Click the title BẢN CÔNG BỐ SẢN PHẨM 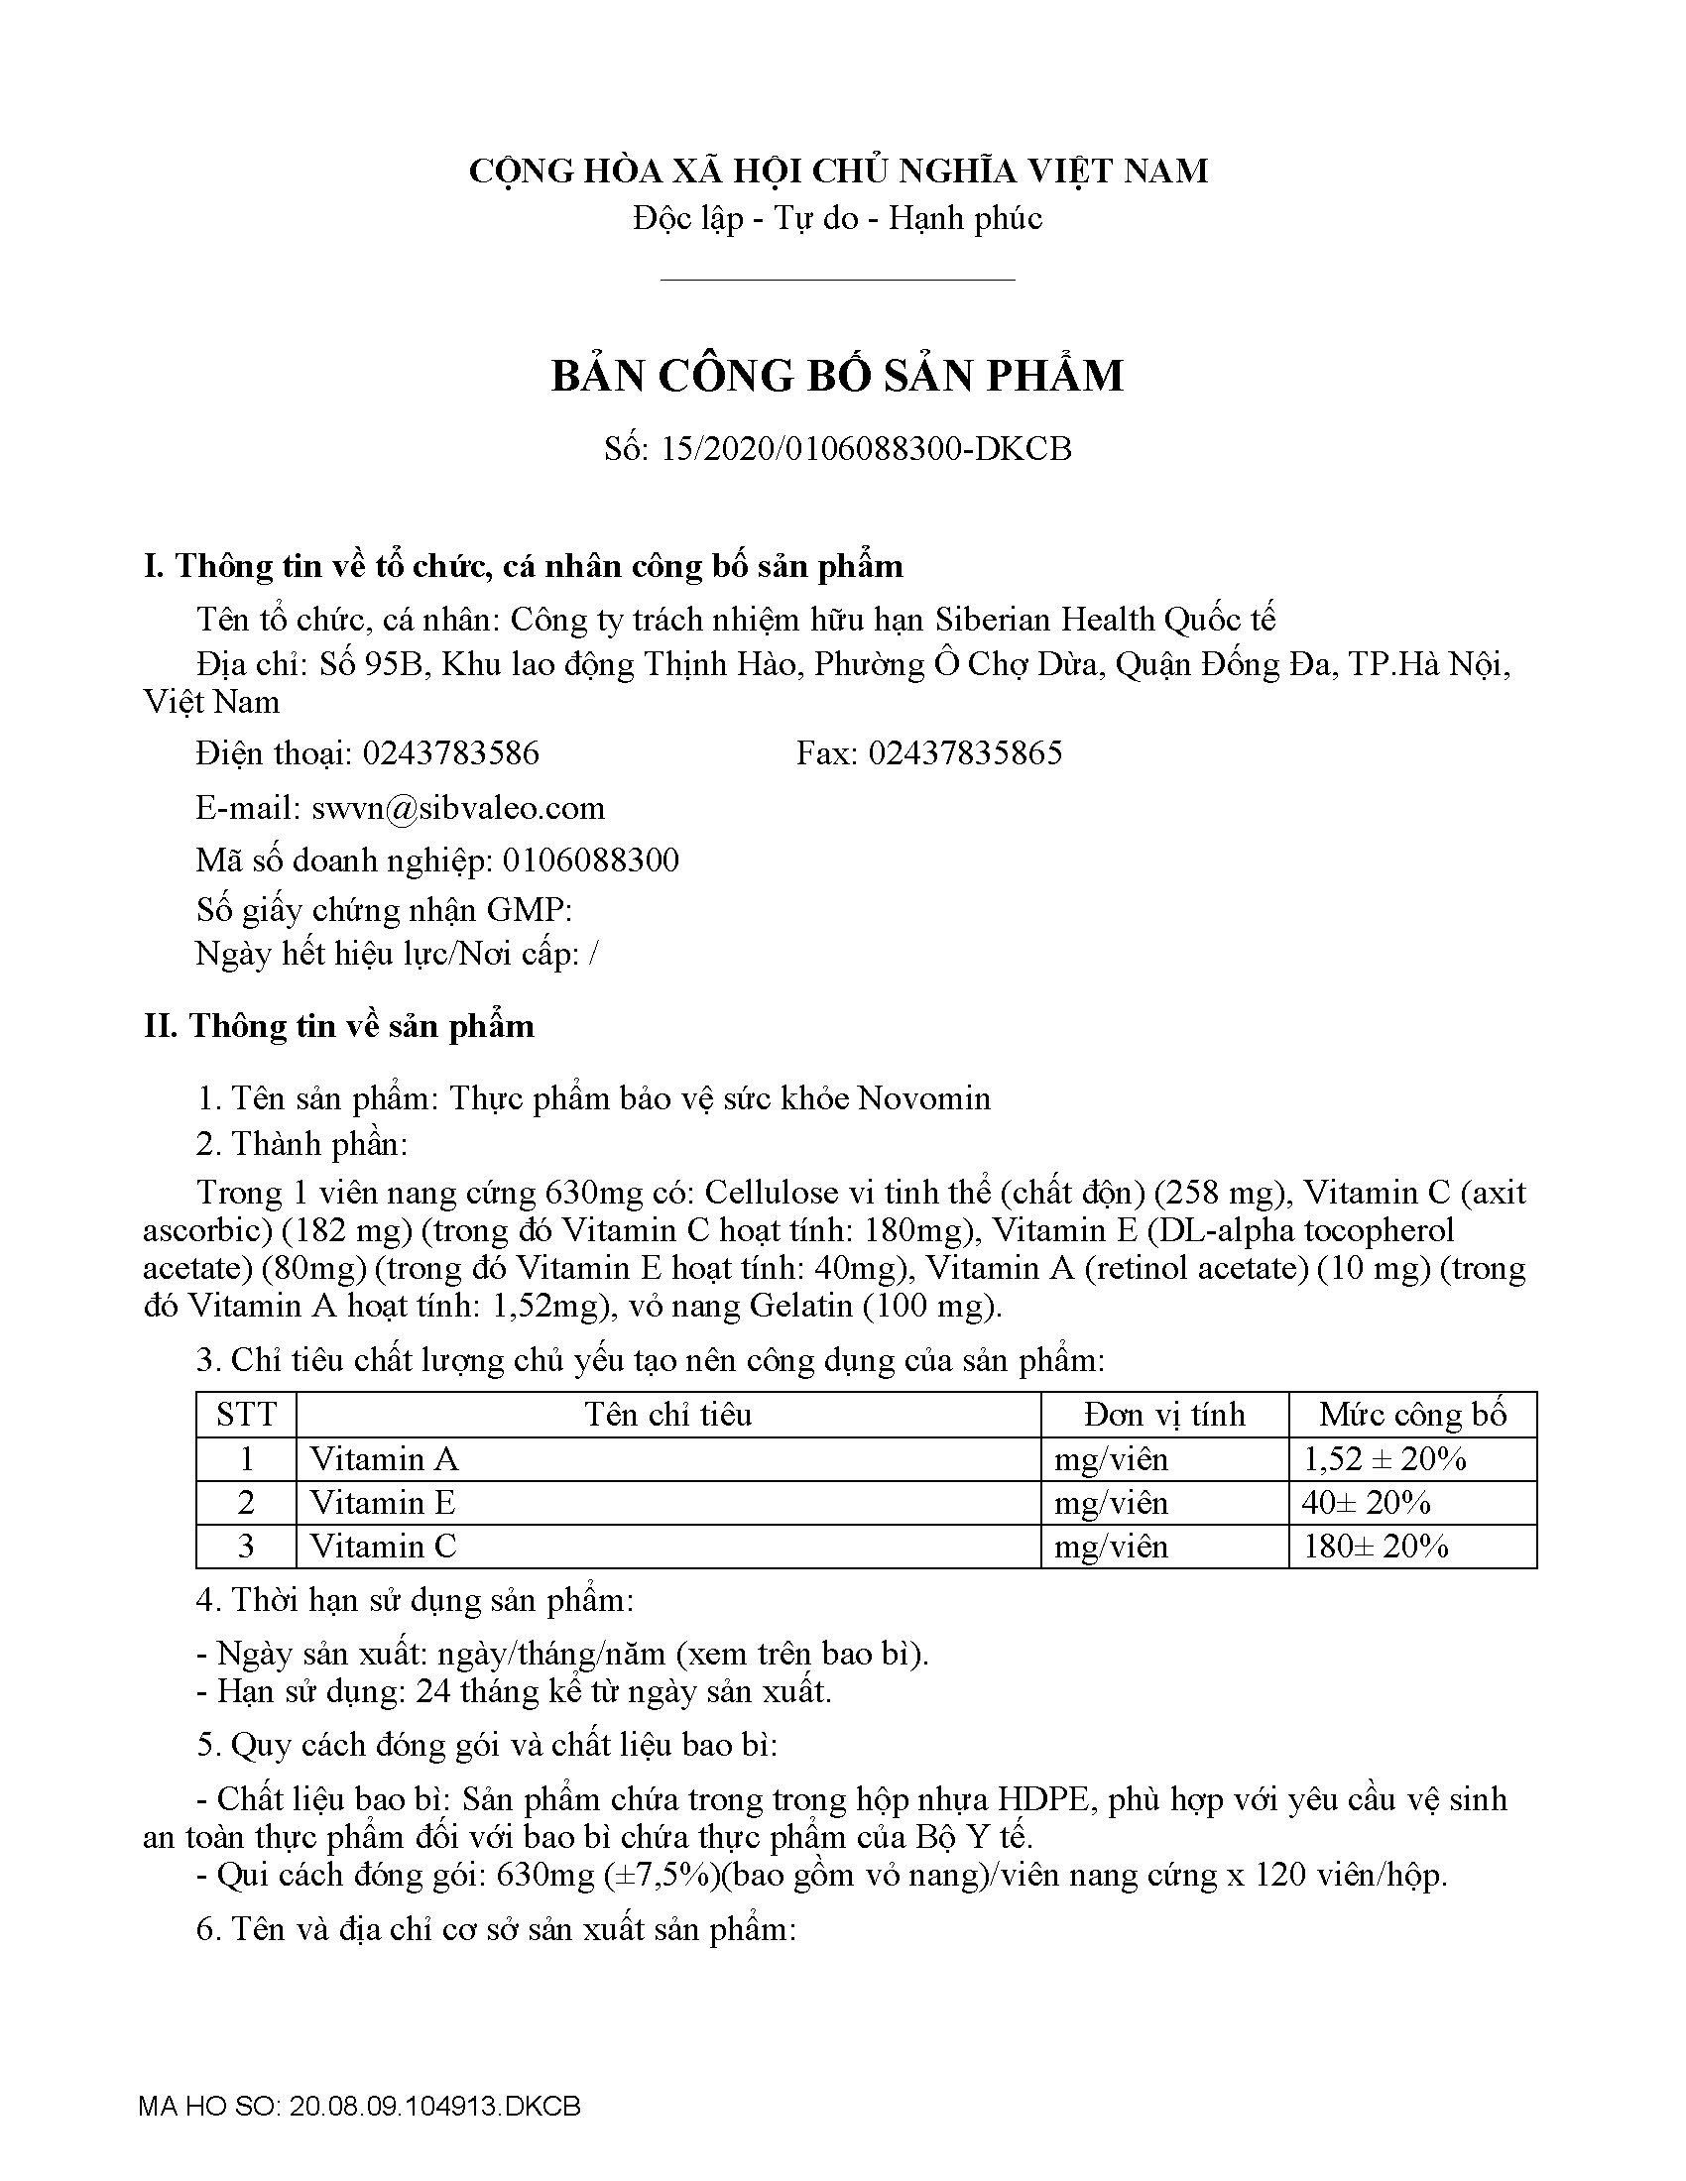coord(837,376)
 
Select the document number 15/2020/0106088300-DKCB coord(866,449)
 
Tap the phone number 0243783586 coord(450,753)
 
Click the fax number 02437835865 coord(965,753)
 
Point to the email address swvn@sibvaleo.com coord(458,807)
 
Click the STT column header coord(246,1414)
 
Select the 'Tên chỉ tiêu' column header coord(668,1414)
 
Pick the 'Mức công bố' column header coord(1412,1414)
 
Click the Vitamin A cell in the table coord(385,1459)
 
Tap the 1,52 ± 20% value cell coord(1385,1459)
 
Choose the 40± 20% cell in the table coord(1367,1503)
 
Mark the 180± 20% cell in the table coord(1376,1547)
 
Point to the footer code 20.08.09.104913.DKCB coord(434,2107)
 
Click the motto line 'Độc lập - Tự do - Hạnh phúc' coord(837,218)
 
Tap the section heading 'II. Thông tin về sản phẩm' coord(339,1026)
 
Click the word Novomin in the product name coord(924,1098)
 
